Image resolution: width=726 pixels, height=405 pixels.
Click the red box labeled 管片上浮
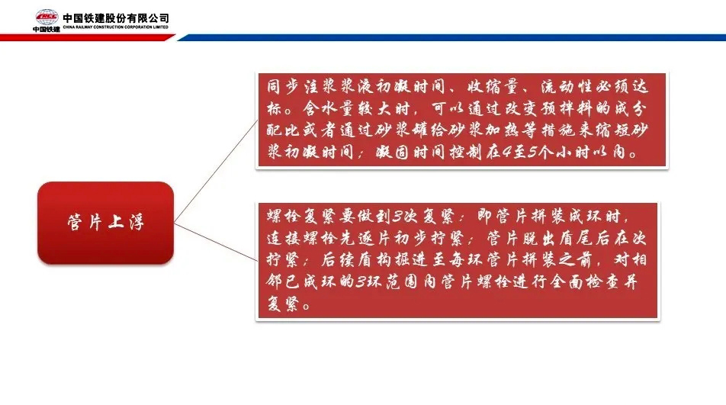[x=105, y=223]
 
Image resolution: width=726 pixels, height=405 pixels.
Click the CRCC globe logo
[x=47, y=18]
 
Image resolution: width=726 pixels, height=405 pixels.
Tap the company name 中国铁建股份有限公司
[x=116, y=18]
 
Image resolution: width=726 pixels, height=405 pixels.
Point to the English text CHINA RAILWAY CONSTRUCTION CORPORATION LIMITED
[x=116, y=27]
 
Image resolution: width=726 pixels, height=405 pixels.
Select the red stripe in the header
[x=87, y=37]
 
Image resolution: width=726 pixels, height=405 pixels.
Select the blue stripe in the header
[x=451, y=37]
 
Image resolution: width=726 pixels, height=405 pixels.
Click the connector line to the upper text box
[x=216, y=172]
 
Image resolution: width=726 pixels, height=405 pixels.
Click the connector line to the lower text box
[x=216, y=242]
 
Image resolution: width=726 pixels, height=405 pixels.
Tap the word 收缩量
[x=493, y=86]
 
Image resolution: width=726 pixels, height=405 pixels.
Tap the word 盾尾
[x=585, y=238]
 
